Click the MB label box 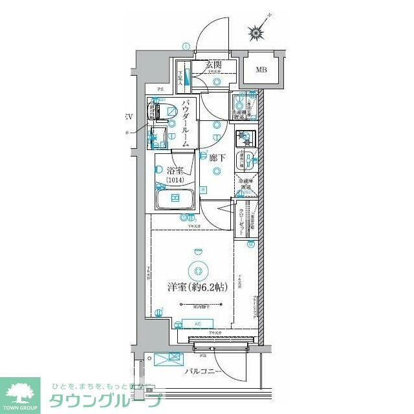click(261, 70)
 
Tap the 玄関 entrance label click(214, 65)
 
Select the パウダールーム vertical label click(186, 123)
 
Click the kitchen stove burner click(245, 138)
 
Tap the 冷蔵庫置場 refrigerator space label click(246, 185)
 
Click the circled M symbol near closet click(250, 244)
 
